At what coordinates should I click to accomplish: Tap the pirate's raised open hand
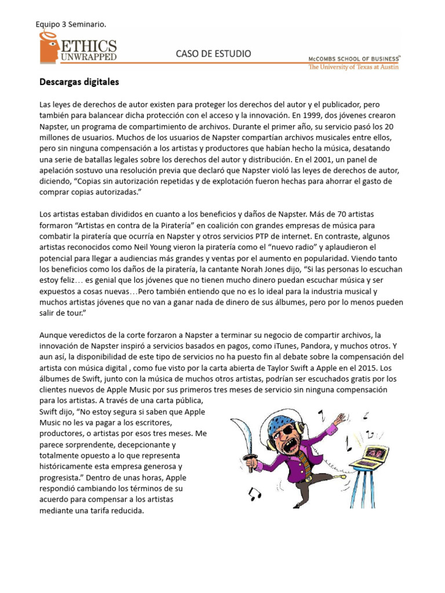(338, 420)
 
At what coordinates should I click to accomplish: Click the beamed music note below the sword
(254, 494)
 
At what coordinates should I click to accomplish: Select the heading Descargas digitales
(79, 82)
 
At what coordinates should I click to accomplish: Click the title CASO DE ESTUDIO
(214, 54)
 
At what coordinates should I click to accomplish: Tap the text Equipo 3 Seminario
(70, 24)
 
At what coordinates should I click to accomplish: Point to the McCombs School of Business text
(353, 59)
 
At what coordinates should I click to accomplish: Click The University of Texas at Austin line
(353, 67)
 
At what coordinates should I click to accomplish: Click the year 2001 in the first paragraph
(317, 159)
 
